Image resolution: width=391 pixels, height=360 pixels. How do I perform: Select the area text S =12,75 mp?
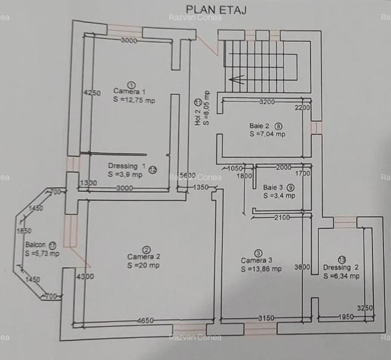[134, 100]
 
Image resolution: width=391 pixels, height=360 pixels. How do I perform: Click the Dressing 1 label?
[126, 166]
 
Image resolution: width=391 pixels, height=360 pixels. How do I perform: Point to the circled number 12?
[152, 170]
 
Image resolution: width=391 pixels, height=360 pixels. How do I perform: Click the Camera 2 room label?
[144, 256]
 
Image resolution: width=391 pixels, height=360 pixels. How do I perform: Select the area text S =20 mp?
[143, 265]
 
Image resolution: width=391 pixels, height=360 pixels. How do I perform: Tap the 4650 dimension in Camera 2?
[145, 320]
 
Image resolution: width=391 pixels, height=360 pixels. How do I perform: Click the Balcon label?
[35, 245]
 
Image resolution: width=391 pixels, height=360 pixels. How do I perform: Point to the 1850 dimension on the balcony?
[24, 231]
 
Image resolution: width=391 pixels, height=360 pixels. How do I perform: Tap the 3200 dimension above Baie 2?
[267, 102]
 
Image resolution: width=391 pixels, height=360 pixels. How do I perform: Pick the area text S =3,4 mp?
[279, 196]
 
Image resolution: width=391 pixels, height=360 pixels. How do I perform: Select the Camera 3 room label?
[253, 260]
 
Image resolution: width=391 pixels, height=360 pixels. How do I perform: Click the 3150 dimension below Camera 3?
[266, 318]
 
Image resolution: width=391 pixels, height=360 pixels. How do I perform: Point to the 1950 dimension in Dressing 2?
[346, 317]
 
